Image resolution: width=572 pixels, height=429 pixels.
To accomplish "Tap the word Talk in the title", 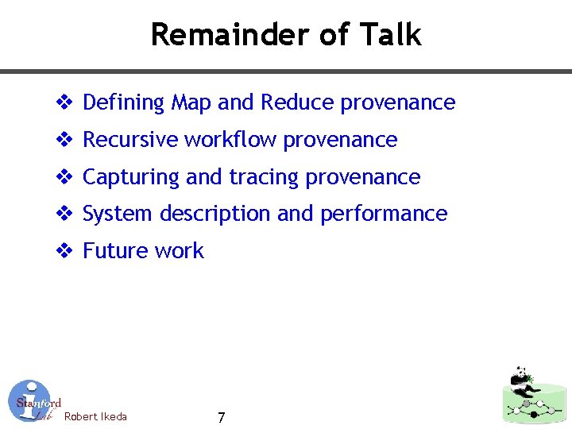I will pos(390,35).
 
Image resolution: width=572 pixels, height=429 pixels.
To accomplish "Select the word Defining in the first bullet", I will pos(123,103).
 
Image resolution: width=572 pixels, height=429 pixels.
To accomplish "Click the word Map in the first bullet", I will pos(191,102).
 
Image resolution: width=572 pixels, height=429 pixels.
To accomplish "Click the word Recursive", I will pos(130,140).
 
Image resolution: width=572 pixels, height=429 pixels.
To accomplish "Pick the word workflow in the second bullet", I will pos(230,140).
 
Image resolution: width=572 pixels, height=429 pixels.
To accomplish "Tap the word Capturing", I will pos(131,177).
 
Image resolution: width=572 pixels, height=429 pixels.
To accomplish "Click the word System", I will pos(118,214).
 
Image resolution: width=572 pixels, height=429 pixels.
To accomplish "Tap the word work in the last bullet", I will pos(180,251).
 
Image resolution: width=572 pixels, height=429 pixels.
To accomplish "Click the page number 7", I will pos(221,418).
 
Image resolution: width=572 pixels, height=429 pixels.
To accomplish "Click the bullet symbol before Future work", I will pos(64,251).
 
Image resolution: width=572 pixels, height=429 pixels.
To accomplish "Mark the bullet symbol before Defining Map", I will pos(64,103).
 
